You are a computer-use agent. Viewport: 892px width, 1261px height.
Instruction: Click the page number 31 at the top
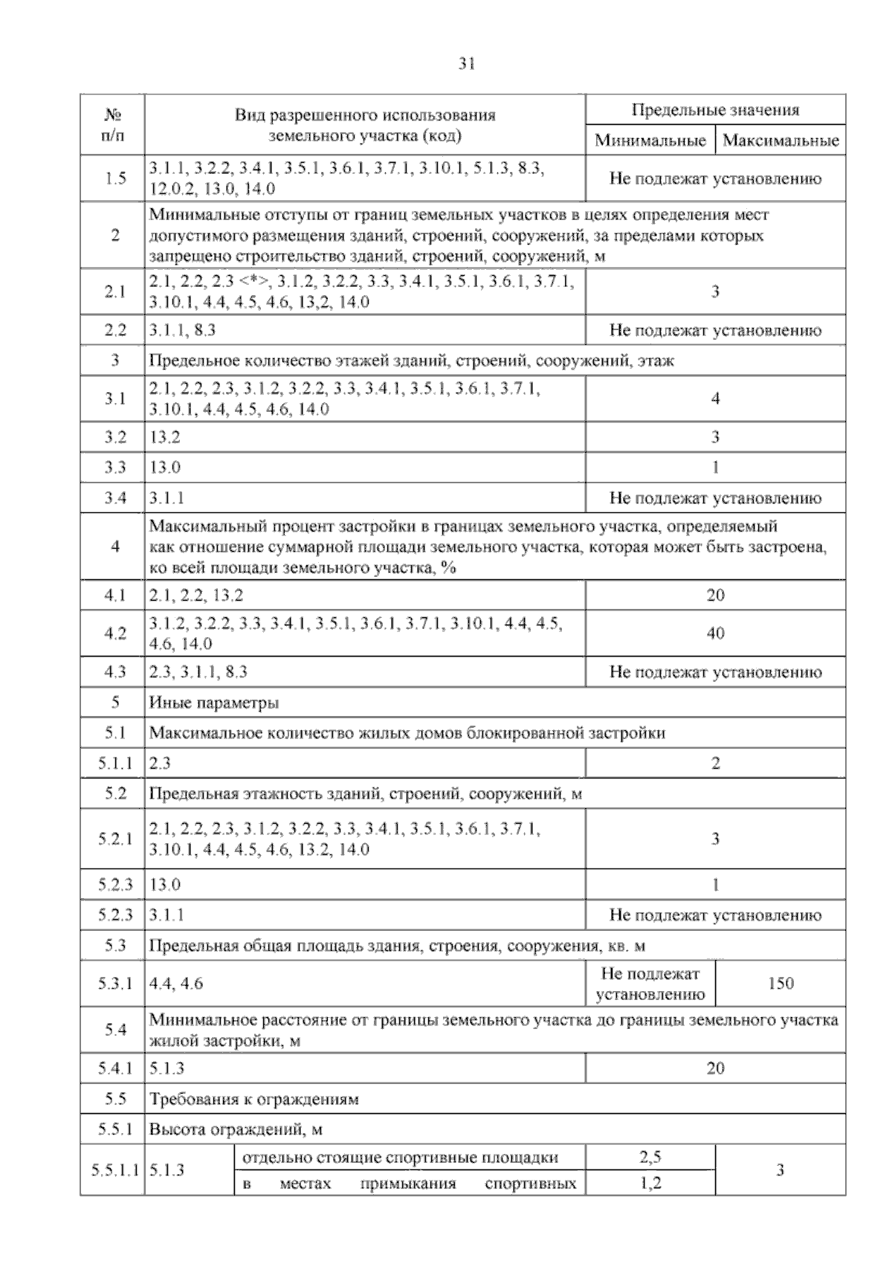coord(466,64)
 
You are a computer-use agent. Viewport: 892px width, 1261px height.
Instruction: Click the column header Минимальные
coord(650,141)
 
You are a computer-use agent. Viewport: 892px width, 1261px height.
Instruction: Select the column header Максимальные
coord(780,141)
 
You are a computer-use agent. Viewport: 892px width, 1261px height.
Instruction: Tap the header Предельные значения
coord(715,110)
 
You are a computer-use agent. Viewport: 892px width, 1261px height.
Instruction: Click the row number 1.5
coord(114,178)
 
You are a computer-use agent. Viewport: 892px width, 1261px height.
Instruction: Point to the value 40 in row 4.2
coord(715,633)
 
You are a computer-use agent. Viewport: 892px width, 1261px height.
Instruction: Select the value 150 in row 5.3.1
coord(780,984)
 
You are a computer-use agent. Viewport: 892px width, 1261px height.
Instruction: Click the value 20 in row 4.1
coord(715,595)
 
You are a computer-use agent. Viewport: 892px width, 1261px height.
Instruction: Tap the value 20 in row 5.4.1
coord(715,1068)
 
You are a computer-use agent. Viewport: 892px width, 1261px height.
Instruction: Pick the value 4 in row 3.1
coord(715,399)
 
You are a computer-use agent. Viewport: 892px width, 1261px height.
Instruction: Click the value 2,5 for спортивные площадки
coord(650,1157)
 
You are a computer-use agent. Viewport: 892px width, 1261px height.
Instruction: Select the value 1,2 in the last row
coord(650,1183)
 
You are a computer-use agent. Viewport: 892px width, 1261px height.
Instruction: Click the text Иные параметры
coord(214,703)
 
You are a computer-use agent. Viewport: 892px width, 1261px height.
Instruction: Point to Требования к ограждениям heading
coord(253,1099)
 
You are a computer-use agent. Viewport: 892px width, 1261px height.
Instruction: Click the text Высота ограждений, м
coord(236,1130)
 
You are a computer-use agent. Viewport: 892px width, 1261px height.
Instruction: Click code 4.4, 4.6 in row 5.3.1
coord(176,984)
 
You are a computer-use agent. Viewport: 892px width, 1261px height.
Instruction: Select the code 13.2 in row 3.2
coord(165,437)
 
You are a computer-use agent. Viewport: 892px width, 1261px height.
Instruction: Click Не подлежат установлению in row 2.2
coord(715,330)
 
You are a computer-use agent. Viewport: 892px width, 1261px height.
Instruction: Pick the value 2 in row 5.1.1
coord(715,764)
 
